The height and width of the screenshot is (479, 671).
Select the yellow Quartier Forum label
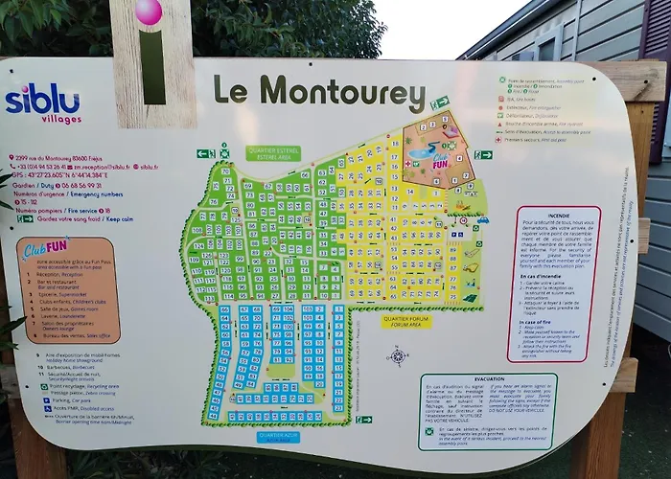(x=405, y=322)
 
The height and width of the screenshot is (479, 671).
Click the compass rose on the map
(x=397, y=355)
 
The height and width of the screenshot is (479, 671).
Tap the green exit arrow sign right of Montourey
(x=439, y=103)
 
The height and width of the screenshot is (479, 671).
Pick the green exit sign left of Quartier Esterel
(x=205, y=153)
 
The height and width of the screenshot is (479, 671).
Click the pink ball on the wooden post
(x=149, y=12)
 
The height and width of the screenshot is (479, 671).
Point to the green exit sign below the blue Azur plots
(x=363, y=420)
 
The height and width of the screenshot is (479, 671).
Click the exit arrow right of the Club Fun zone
(x=483, y=153)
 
